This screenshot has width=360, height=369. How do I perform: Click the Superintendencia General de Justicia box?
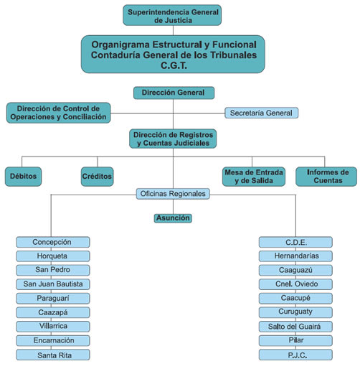click(172, 15)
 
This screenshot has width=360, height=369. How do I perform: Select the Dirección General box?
click(174, 93)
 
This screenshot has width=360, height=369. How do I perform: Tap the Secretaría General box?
click(261, 113)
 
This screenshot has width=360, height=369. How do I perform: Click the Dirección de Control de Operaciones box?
click(58, 113)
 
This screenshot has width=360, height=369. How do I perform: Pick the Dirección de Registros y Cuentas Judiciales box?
click(173, 139)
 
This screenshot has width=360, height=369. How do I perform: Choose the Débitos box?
click(23, 177)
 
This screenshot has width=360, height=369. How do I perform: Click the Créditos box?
click(97, 177)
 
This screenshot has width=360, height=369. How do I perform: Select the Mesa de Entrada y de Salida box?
click(254, 177)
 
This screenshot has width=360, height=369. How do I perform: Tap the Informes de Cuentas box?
click(326, 177)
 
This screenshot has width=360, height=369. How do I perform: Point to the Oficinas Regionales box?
click(173, 194)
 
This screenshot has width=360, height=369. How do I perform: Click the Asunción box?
click(173, 218)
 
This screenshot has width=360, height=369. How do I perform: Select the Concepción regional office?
click(53, 242)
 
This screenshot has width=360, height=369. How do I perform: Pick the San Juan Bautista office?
click(53, 284)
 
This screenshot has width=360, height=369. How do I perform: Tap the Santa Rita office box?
click(53, 355)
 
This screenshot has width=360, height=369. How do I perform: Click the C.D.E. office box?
click(295, 242)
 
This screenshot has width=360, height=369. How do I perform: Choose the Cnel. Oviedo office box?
click(295, 284)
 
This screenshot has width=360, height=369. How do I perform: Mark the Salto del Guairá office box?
click(295, 327)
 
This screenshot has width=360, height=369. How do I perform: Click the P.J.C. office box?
click(295, 355)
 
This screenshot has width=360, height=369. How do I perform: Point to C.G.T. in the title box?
click(174, 65)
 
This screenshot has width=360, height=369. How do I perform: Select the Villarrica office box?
click(53, 327)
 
